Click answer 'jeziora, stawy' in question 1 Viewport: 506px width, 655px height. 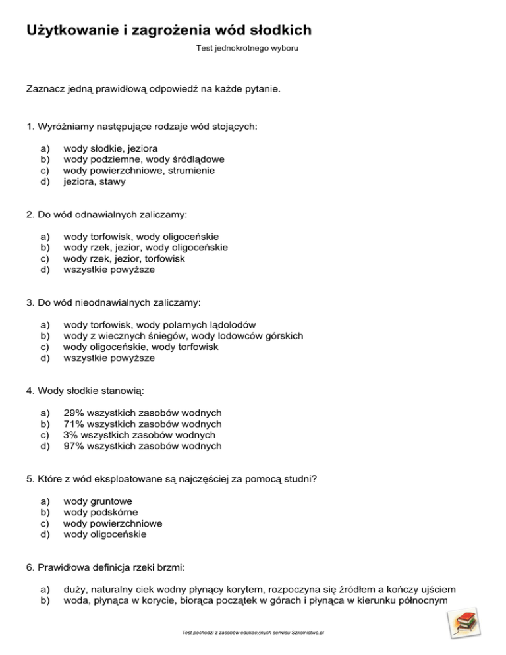[94, 181]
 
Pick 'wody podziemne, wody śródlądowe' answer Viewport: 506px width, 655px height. [144, 159]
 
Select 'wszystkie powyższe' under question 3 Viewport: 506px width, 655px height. [109, 358]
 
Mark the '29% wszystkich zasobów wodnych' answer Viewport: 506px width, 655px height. [142, 413]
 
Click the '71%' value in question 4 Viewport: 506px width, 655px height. [72, 424]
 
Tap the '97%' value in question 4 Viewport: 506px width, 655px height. [72, 446]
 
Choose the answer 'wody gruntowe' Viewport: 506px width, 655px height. [98, 501]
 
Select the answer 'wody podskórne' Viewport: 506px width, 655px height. [100, 512]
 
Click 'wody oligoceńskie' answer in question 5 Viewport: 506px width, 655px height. [105, 534]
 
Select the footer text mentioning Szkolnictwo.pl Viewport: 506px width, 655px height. [254, 632]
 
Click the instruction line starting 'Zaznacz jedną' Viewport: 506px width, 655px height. [153, 88]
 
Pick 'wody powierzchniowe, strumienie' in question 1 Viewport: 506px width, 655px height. [139, 170]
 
